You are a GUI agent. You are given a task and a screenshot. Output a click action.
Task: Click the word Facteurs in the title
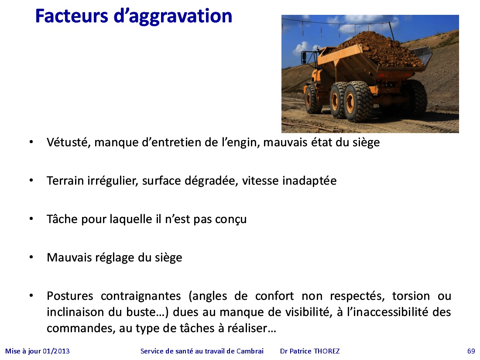coord(72,16)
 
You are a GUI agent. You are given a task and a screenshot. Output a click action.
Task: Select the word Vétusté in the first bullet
coord(68,142)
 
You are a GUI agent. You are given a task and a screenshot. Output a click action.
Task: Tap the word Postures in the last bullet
coord(70,296)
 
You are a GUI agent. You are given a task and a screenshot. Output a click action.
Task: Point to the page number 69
coord(471,351)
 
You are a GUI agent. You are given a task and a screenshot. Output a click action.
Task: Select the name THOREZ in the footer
coord(327,351)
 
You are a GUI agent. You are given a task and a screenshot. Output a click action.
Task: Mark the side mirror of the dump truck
coord(304,58)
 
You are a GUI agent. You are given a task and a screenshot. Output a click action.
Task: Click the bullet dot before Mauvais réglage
coord(31,257)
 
